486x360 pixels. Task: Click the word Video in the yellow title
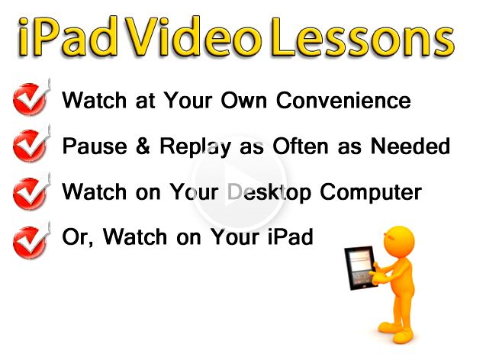click(192, 37)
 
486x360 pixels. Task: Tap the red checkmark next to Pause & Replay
click(31, 143)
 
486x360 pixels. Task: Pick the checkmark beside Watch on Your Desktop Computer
click(31, 191)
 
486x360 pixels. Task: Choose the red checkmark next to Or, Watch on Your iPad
click(31, 240)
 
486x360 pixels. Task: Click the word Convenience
click(343, 101)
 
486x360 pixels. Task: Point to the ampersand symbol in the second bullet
click(143, 146)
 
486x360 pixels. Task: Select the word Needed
click(410, 146)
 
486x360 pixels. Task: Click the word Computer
click(371, 192)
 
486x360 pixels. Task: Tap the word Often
click(301, 146)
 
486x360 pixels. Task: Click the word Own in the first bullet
click(243, 101)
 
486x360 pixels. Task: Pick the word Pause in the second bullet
click(95, 146)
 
